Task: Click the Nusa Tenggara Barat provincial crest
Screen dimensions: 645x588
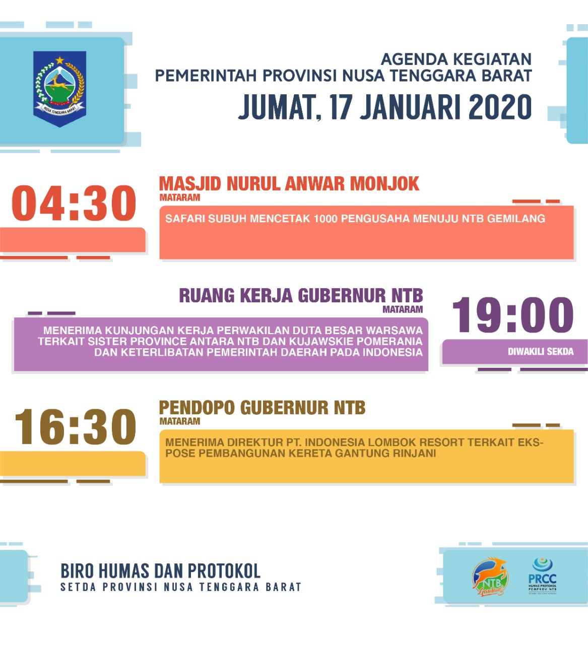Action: point(60,88)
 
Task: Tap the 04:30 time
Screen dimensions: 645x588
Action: point(74,204)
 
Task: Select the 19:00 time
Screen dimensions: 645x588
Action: point(513,315)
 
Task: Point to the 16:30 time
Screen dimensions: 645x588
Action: point(76,427)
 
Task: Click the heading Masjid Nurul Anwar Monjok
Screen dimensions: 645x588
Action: point(289,184)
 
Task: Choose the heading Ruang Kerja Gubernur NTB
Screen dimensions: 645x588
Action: point(301,296)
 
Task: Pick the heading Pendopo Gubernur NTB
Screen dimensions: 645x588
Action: point(262,408)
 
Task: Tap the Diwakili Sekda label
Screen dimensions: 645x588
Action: point(540,352)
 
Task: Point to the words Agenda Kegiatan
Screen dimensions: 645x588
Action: point(456,59)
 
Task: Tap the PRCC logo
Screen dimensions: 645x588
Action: point(542,576)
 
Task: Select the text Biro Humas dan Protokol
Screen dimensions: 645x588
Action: point(160,571)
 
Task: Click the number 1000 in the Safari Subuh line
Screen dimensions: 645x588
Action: point(326,219)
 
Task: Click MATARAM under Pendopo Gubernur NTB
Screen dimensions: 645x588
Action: point(180,421)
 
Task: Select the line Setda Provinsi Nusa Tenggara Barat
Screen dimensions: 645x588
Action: point(180,587)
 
